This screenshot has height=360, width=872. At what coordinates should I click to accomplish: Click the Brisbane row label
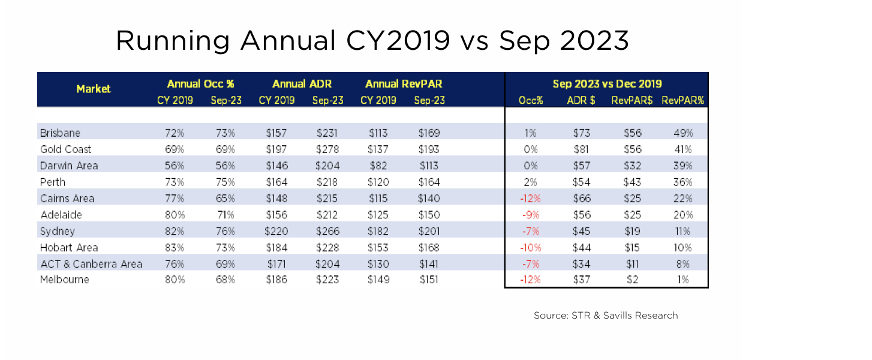point(60,133)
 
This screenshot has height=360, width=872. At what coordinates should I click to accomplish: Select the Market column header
point(94,89)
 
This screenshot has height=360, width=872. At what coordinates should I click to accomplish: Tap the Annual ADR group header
point(302,84)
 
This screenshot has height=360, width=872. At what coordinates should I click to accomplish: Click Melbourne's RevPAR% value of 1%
point(683,280)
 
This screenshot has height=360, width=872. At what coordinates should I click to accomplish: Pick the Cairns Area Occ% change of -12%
point(530,199)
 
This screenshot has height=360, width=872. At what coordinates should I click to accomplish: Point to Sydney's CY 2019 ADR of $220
point(276,231)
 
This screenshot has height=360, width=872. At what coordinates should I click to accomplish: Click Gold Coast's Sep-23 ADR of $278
point(327,149)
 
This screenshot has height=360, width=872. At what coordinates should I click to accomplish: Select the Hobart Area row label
point(69,247)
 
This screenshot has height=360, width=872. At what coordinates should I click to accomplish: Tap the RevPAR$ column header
point(632,101)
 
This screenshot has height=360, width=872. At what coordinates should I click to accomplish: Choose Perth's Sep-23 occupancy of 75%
point(225,182)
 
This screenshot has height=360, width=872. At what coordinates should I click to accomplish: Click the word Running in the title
point(173,41)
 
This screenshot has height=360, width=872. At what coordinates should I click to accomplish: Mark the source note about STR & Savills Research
point(606,315)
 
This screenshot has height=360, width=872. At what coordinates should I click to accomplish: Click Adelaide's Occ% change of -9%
point(531,215)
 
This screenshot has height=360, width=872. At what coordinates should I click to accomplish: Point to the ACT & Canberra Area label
point(91,264)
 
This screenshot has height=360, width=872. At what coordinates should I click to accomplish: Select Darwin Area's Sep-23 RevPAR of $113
point(429,166)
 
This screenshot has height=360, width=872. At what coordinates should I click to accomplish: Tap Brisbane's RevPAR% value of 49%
point(683,133)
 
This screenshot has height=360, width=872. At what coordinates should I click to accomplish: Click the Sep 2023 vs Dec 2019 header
point(607,84)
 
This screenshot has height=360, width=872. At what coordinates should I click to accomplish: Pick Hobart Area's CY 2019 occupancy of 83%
point(175,247)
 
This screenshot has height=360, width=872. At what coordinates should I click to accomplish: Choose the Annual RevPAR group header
point(404,84)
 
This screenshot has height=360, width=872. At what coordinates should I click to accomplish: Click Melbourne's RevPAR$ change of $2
point(632,280)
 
